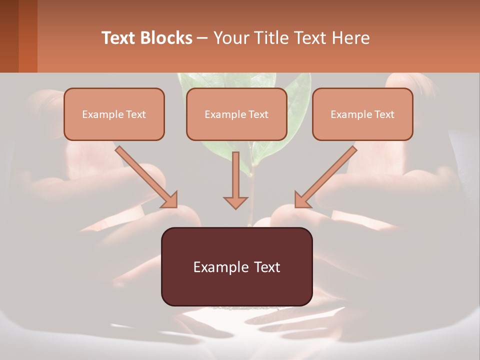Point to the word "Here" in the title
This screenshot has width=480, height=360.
351,38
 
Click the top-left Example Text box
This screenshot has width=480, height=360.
114,114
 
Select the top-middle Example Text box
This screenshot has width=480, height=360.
236,114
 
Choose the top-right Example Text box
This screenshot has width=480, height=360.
362,114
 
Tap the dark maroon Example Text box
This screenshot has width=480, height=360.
236,266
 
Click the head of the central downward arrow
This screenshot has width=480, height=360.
235,202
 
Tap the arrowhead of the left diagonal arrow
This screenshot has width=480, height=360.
170,200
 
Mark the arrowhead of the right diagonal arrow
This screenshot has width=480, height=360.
301,200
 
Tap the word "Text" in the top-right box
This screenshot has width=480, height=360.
384,114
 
